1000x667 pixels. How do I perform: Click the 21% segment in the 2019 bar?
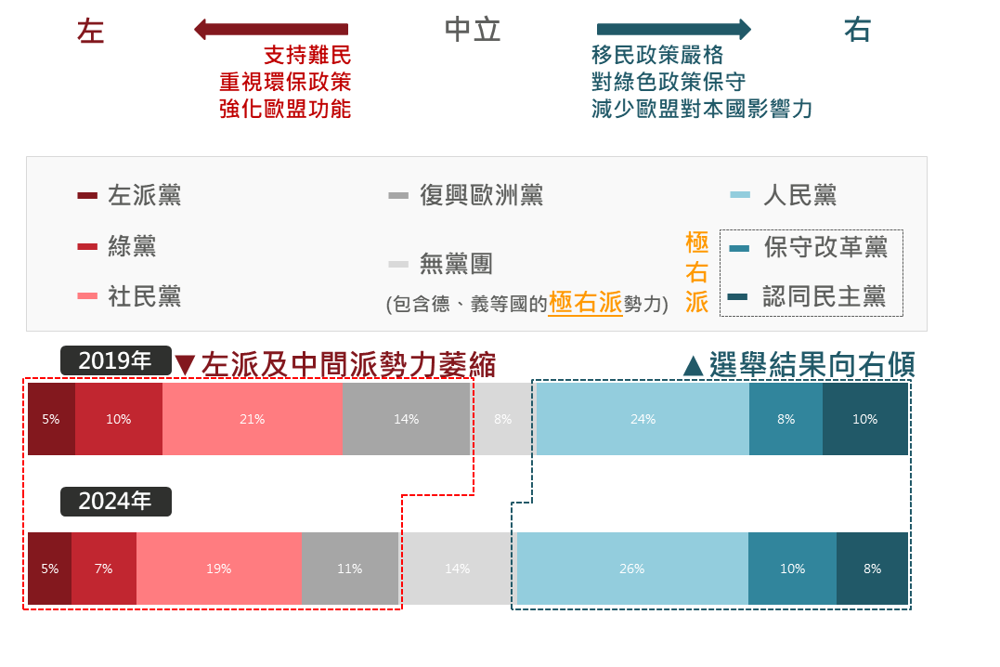tap(253, 419)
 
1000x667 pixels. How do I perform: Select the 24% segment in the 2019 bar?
tap(643, 419)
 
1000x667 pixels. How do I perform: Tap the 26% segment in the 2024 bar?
tap(632, 569)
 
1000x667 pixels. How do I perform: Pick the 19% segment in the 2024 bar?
tap(219, 569)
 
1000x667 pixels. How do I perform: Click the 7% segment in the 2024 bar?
tap(103, 569)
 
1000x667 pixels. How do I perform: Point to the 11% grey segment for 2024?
tap(350, 569)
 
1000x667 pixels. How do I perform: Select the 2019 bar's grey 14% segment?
tap(406, 419)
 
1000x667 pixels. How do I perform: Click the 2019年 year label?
tap(116, 360)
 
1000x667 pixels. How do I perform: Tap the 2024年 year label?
tap(116, 502)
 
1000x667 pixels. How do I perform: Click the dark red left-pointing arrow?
tap(270, 30)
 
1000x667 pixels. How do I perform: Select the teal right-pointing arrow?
tap(673, 30)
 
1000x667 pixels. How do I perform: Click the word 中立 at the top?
tap(473, 31)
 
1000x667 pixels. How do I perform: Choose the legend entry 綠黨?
tap(132, 246)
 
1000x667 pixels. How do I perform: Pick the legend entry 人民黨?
tap(799, 195)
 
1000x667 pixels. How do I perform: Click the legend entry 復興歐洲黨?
tap(481, 195)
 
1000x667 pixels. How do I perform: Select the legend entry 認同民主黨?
tap(824, 296)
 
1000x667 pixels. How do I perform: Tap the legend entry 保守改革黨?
tap(825, 247)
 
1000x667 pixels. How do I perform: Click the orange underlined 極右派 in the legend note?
tap(585, 303)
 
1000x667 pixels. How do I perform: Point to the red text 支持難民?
tap(307, 56)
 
